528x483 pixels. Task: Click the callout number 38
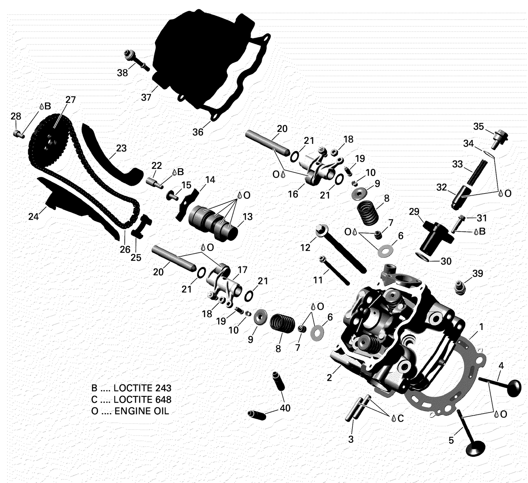pyautogui.click(x=122, y=73)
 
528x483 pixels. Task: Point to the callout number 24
pyautogui.click(x=33, y=216)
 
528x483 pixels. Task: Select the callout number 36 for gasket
pyautogui.click(x=198, y=132)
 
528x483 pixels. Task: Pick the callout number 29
pyautogui.click(x=414, y=212)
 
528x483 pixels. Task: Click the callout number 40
pyautogui.click(x=285, y=408)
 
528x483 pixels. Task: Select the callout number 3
pyautogui.click(x=351, y=439)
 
